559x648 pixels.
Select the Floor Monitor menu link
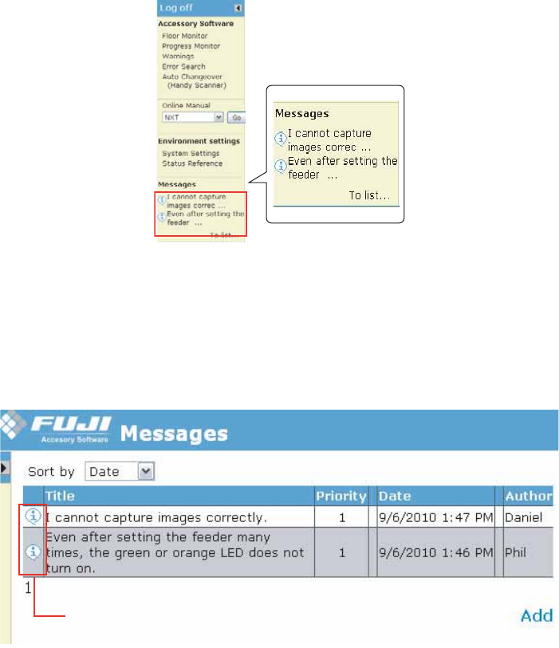click(x=184, y=36)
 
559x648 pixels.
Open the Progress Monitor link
click(x=190, y=46)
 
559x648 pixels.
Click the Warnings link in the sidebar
click(x=177, y=57)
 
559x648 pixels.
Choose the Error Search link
click(x=183, y=67)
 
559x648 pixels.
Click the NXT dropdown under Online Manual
click(x=192, y=117)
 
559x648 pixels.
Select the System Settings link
click(x=191, y=153)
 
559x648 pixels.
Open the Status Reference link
click(x=192, y=163)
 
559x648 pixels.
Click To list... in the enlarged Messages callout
click(x=369, y=194)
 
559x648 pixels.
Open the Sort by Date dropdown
click(x=120, y=471)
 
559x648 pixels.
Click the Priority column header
click(x=341, y=496)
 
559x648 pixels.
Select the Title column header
click(x=60, y=496)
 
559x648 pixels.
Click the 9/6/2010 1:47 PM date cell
click(x=436, y=517)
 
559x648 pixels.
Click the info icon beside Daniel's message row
click(x=33, y=516)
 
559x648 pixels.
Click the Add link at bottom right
click(x=537, y=615)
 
